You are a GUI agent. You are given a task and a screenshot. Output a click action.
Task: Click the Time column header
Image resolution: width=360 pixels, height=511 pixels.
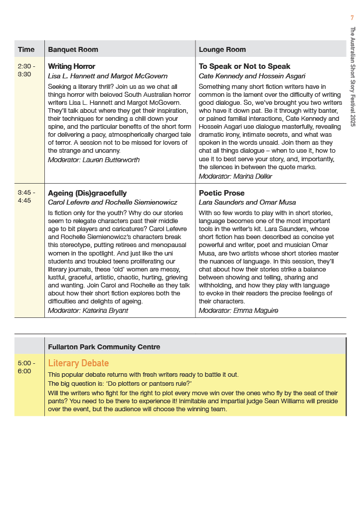26,49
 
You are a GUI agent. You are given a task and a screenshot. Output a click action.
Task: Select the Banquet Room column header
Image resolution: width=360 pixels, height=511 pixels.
73,49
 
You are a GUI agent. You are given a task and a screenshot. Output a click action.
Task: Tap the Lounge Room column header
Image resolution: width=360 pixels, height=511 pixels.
222,49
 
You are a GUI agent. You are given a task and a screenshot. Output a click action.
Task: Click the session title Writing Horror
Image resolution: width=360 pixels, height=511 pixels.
71,66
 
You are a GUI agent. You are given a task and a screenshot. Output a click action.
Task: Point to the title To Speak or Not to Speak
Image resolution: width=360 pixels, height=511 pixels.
244,66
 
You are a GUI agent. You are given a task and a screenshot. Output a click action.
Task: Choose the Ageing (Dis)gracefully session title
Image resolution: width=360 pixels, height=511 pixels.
87,193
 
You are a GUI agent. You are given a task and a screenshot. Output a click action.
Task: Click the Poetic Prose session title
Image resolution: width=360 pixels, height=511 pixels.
222,193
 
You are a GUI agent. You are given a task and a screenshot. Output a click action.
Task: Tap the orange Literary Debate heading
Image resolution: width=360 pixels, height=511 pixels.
78,363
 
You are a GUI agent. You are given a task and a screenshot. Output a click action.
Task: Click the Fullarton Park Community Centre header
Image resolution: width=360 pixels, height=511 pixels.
104,347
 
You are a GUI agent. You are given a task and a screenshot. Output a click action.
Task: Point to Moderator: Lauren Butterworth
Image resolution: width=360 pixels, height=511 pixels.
94,160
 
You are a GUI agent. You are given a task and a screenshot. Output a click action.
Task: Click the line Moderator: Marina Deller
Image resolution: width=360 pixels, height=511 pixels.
235,176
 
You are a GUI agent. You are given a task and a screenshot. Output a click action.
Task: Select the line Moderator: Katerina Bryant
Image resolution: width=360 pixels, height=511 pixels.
88,310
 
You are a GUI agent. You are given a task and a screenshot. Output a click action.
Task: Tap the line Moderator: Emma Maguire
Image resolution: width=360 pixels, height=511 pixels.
238,310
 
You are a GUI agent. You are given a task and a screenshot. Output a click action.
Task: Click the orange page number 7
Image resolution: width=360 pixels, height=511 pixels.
352,18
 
